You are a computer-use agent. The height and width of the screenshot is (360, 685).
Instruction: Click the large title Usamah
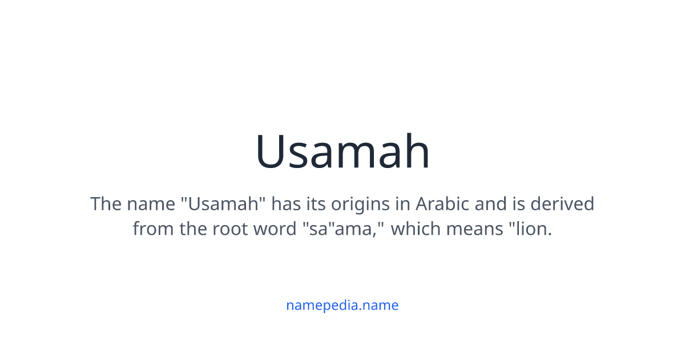coord(342,151)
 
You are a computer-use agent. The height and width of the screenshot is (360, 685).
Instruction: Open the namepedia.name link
coord(342,305)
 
